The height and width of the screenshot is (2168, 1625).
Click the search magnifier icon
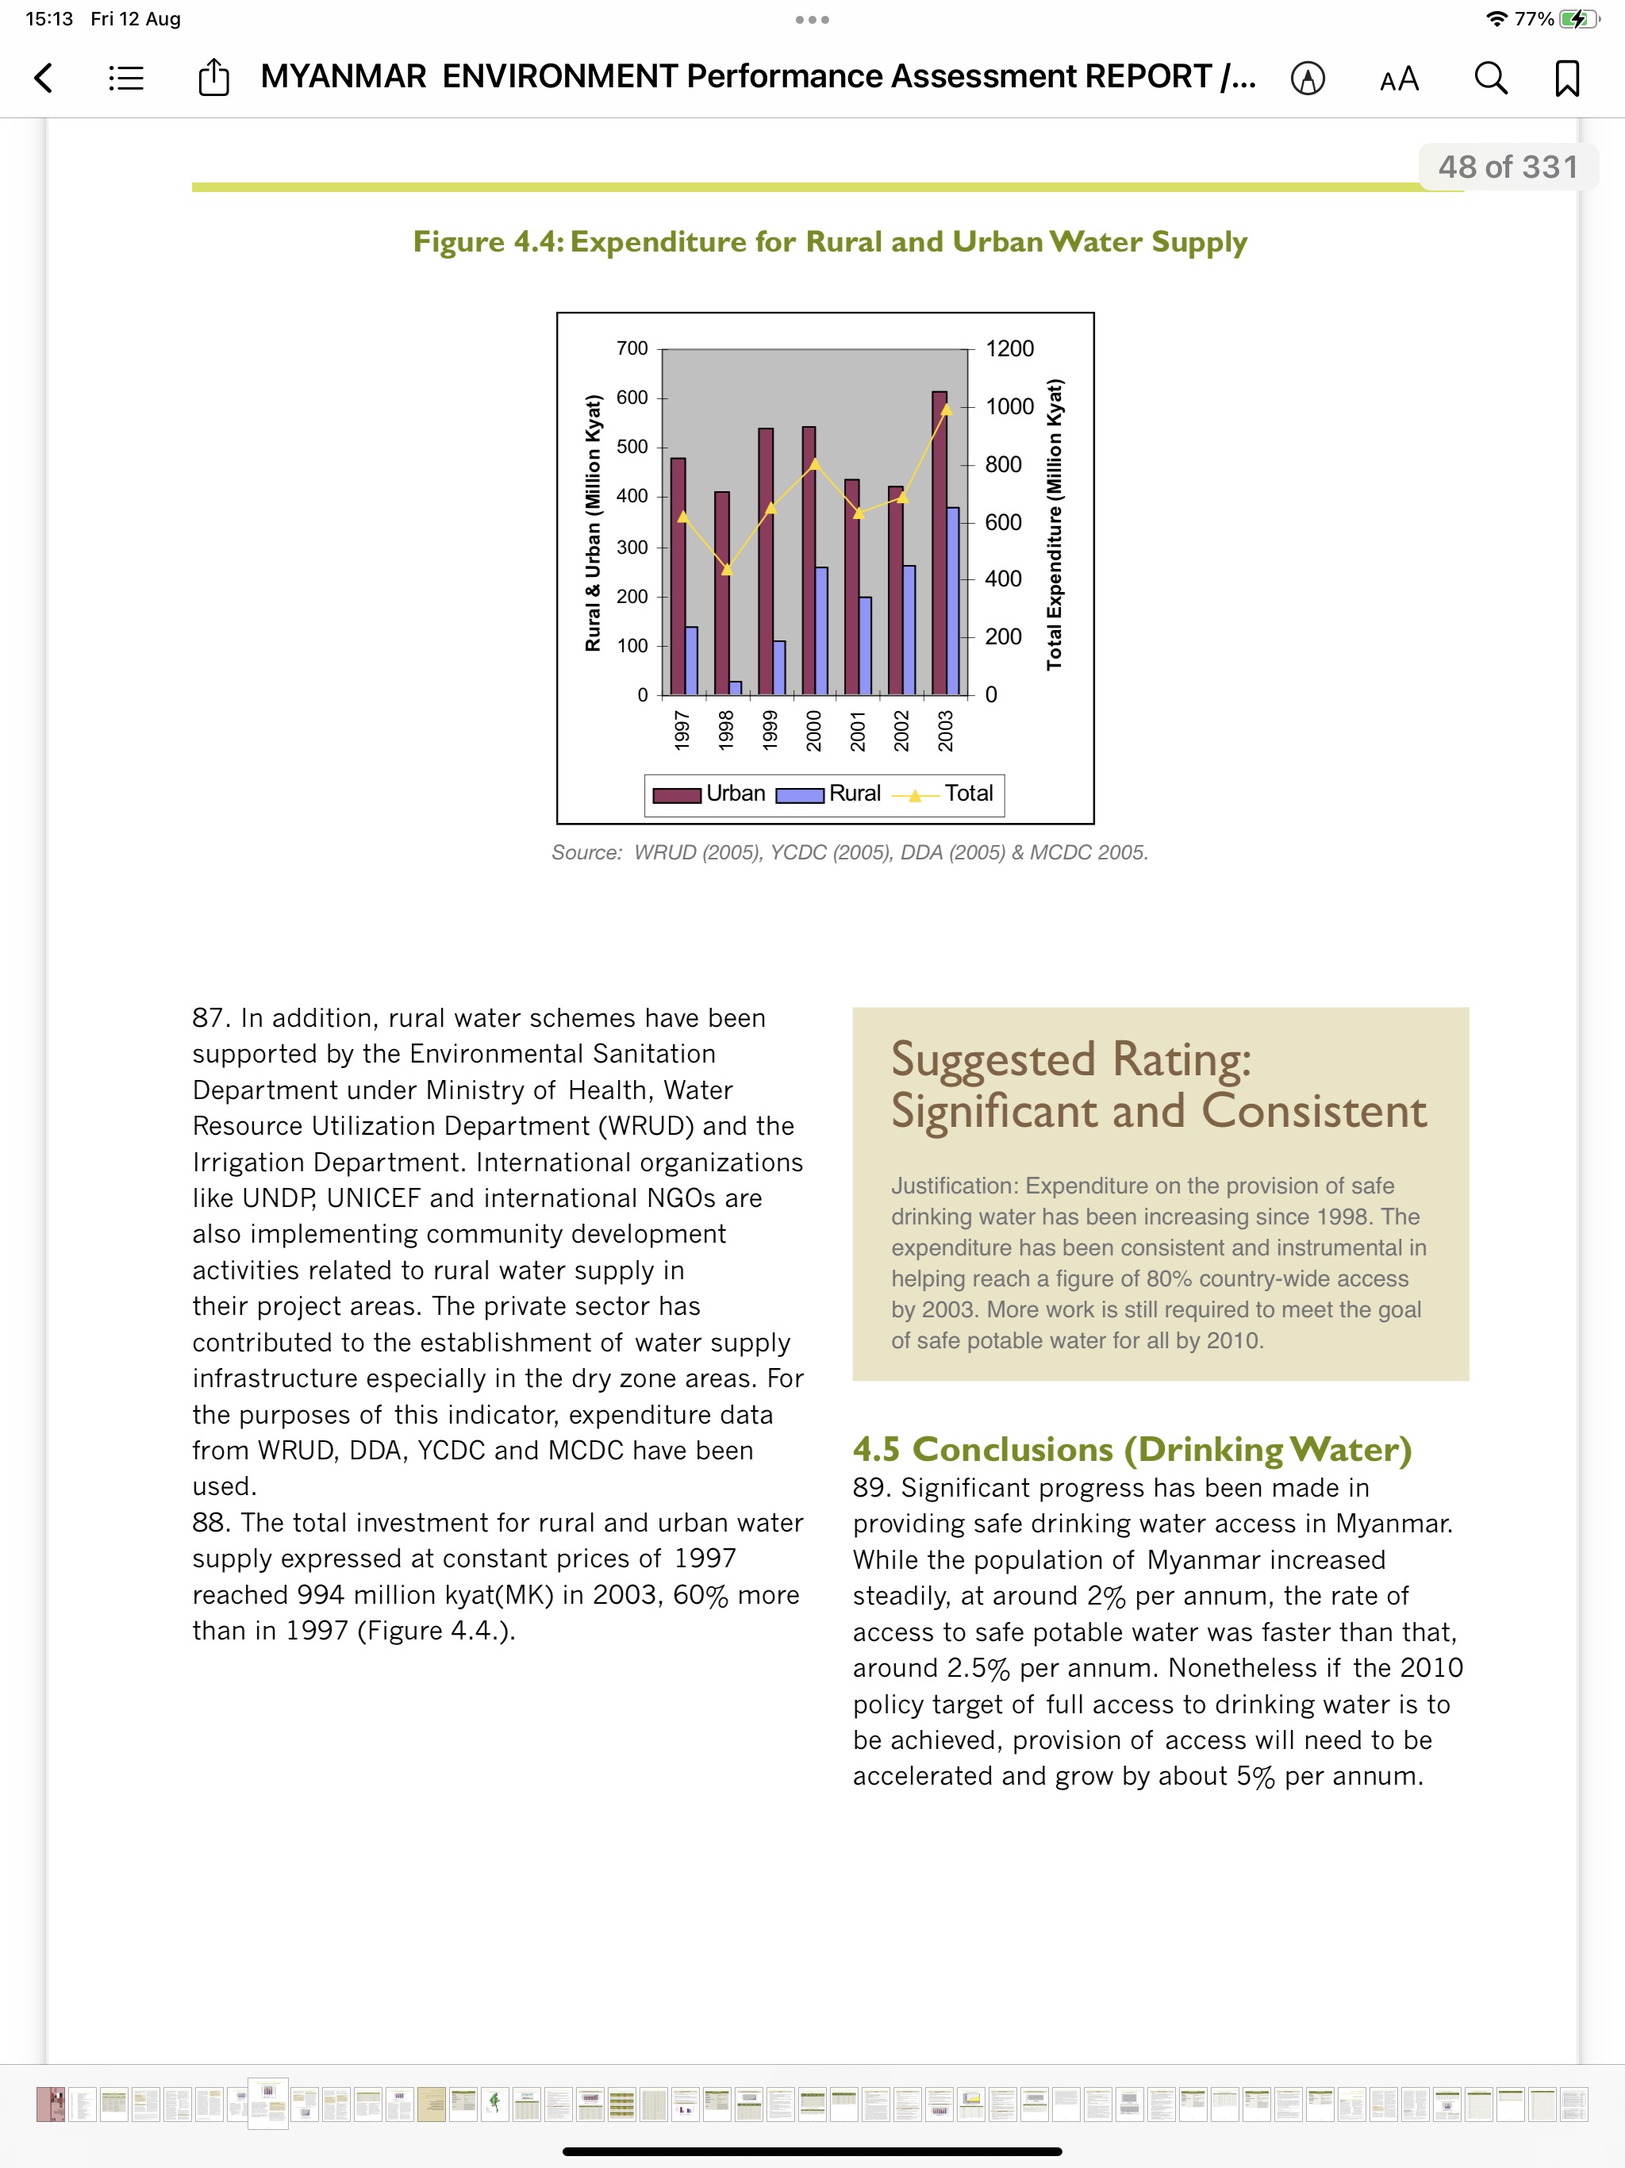click(1490, 78)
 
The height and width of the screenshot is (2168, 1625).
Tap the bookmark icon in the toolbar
click(1566, 78)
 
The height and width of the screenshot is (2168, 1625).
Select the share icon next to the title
click(213, 78)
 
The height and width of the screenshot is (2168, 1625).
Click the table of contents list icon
click(126, 78)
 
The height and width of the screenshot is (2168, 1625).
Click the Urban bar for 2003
click(939, 549)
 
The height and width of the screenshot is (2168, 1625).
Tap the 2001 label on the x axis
click(858, 731)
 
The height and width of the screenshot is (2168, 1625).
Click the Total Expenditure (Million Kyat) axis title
click(1054, 525)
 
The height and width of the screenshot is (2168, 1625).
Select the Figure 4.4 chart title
click(829, 242)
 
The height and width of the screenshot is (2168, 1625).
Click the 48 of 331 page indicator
click(1508, 167)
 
